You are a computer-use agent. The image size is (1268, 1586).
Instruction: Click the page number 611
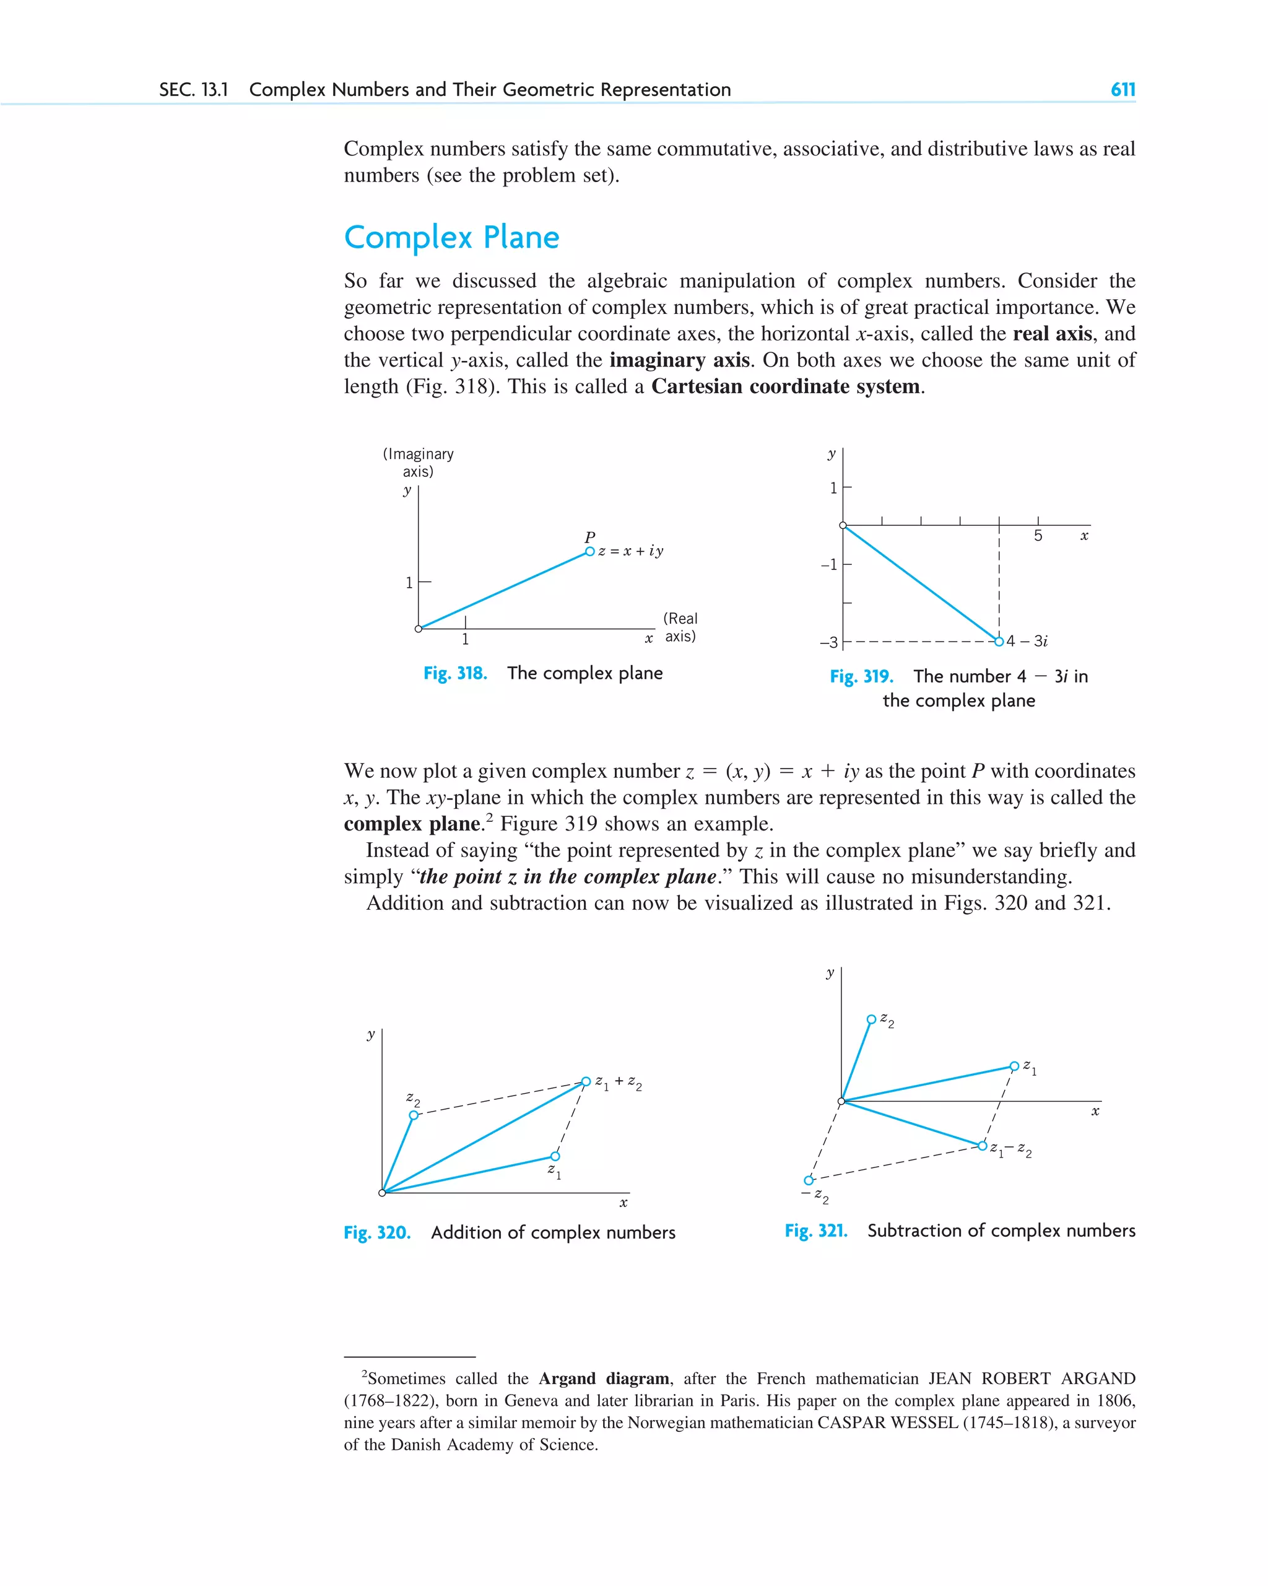pos(1123,90)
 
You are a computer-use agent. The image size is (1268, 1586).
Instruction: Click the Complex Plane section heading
pos(451,238)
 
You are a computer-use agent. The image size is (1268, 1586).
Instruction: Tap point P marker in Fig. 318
pos(589,552)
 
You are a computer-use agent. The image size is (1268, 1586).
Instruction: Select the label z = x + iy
pos(630,551)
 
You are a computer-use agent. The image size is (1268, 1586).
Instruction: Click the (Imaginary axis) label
pos(418,463)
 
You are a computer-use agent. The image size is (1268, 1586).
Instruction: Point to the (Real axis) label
pos(680,627)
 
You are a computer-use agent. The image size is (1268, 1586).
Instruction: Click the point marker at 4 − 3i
pos(999,642)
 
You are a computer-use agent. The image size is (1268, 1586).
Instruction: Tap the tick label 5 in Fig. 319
pos(1038,536)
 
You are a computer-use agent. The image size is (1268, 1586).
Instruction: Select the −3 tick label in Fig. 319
pos(829,643)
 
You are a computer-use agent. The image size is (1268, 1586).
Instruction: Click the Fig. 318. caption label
pos(454,673)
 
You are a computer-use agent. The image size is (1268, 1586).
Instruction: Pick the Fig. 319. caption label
pos(861,677)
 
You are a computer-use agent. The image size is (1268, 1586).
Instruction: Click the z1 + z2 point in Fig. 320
pos(586,1081)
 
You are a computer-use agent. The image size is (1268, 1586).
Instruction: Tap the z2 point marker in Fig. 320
pos(414,1115)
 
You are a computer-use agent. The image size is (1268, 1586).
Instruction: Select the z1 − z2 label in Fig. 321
pos(1010,1149)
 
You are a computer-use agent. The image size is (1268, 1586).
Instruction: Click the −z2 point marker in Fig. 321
pos(809,1180)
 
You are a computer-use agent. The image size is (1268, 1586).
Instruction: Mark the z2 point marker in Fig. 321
pos(871,1019)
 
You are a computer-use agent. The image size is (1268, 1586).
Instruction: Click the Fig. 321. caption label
pos(815,1231)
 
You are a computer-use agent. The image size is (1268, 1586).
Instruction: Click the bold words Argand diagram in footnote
pos(603,1379)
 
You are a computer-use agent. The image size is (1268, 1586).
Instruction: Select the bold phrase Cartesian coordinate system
pos(787,387)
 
